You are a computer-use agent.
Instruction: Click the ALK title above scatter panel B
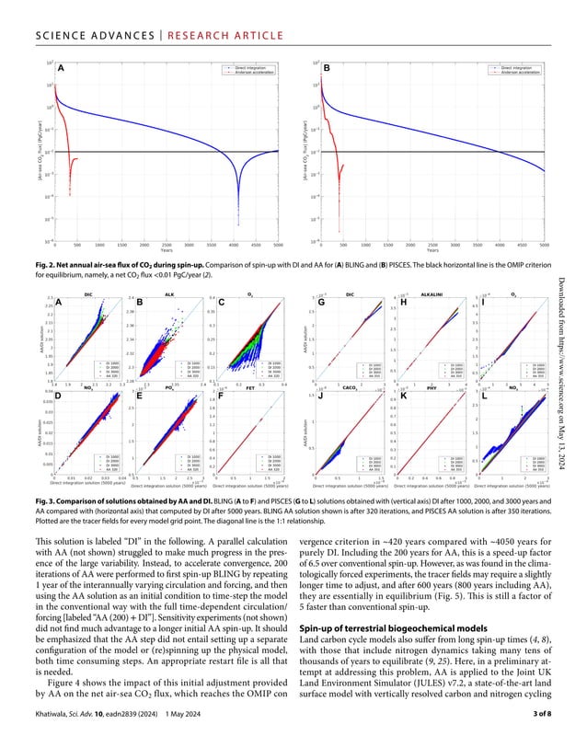point(168,294)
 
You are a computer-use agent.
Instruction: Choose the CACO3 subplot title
point(350,388)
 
